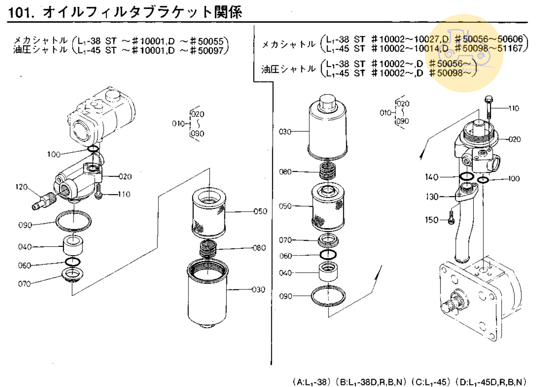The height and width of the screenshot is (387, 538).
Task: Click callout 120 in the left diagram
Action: (22, 187)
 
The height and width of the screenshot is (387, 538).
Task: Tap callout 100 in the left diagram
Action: (53, 154)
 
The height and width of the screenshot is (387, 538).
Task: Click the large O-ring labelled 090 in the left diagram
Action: (73, 221)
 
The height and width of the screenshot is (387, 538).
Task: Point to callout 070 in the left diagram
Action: (24, 284)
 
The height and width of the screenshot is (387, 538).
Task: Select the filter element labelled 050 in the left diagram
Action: (209, 214)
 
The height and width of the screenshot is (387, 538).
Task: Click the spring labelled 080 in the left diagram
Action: (208, 249)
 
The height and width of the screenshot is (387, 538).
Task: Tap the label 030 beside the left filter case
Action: (259, 290)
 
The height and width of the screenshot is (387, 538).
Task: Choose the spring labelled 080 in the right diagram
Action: (328, 171)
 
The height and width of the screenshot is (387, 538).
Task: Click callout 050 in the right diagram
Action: (285, 206)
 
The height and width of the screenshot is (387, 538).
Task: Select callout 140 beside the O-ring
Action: (431, 177)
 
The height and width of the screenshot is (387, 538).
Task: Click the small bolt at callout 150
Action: (451, 218)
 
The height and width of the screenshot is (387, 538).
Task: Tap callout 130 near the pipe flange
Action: (432, 196)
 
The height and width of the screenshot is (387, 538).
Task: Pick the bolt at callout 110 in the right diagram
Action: (489, 107)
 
